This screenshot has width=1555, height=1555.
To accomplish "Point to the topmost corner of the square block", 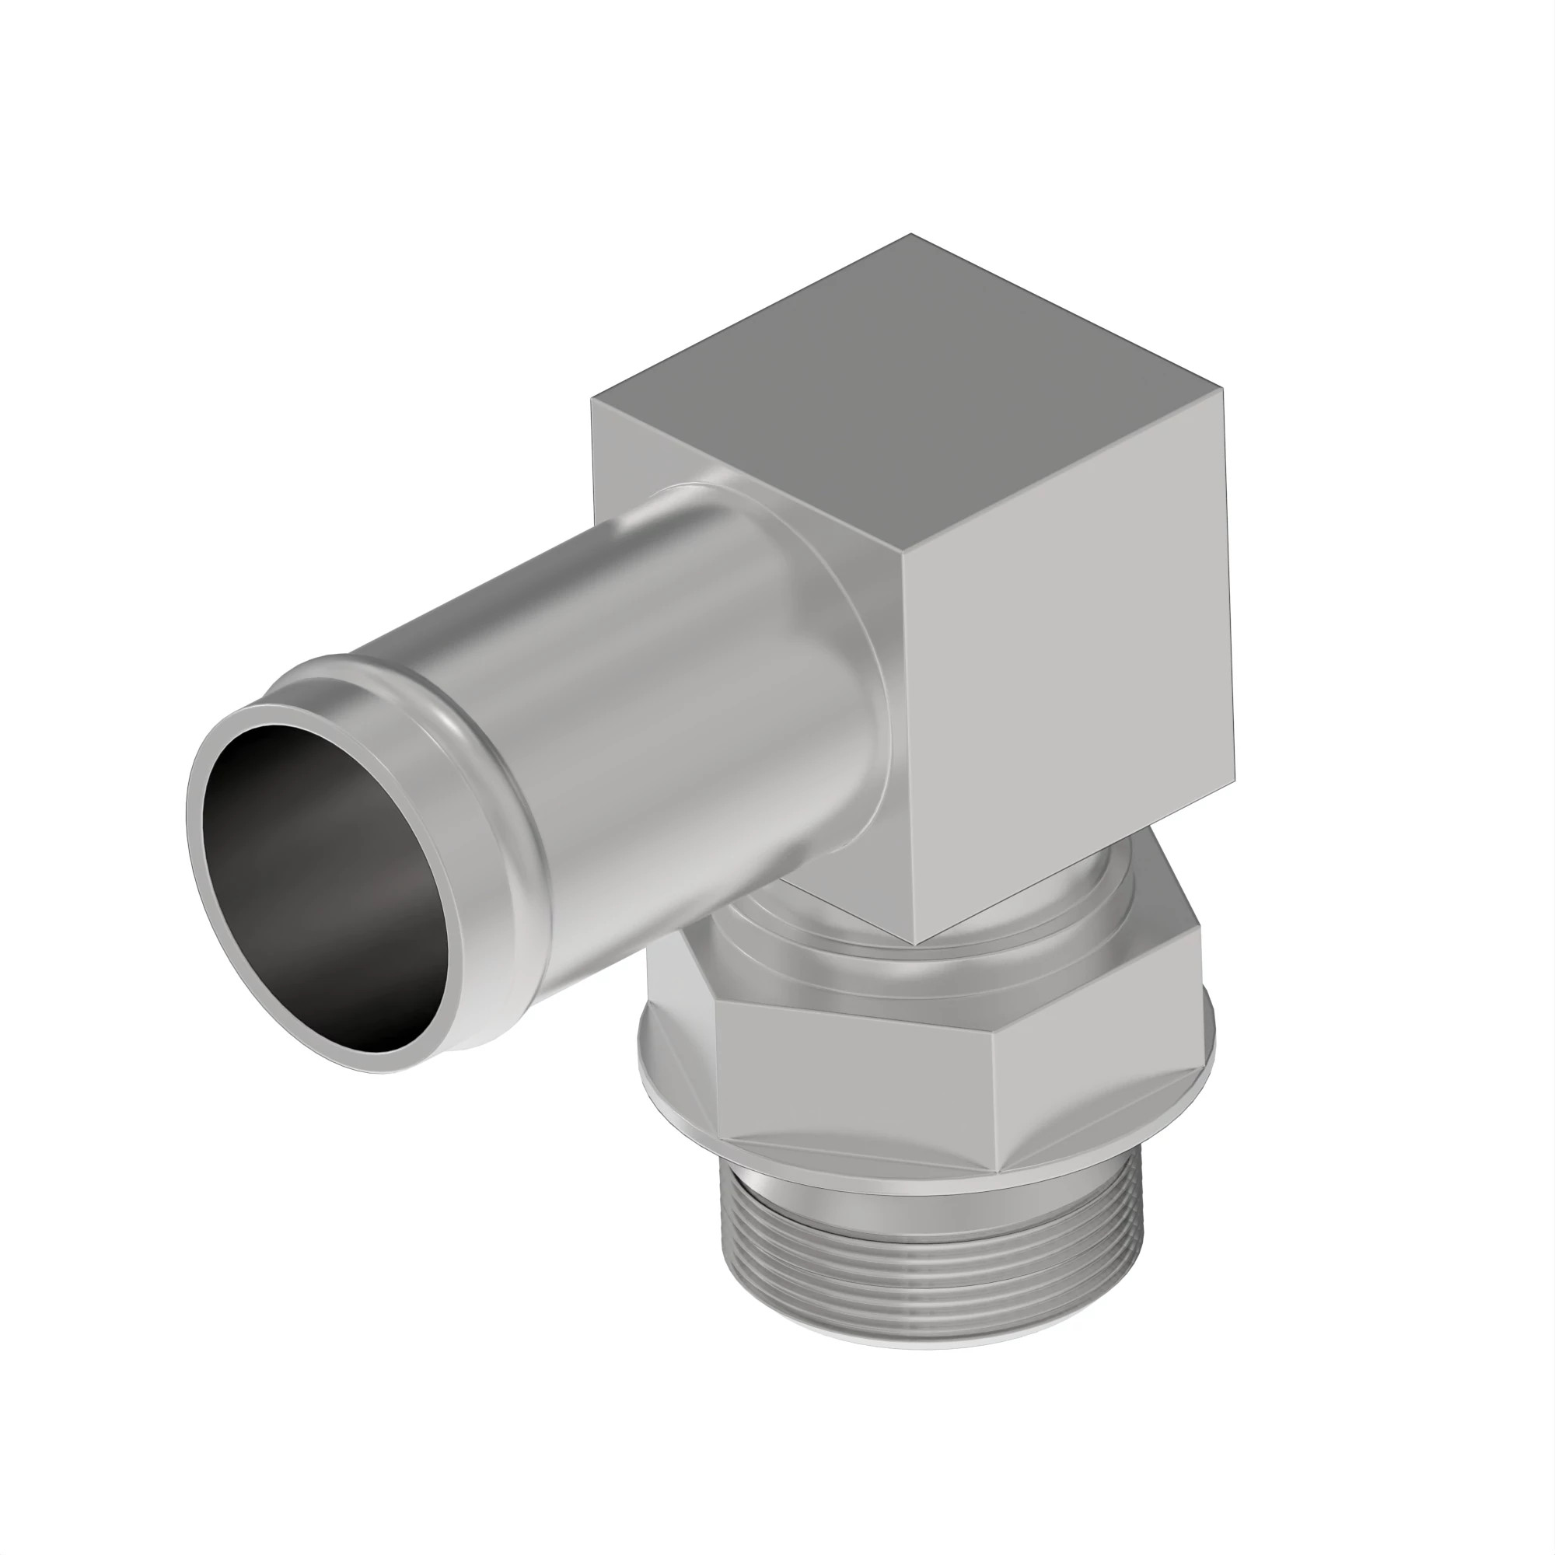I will (x=911, y=235).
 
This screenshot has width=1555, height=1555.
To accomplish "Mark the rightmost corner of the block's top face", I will (x=1222, y=389).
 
